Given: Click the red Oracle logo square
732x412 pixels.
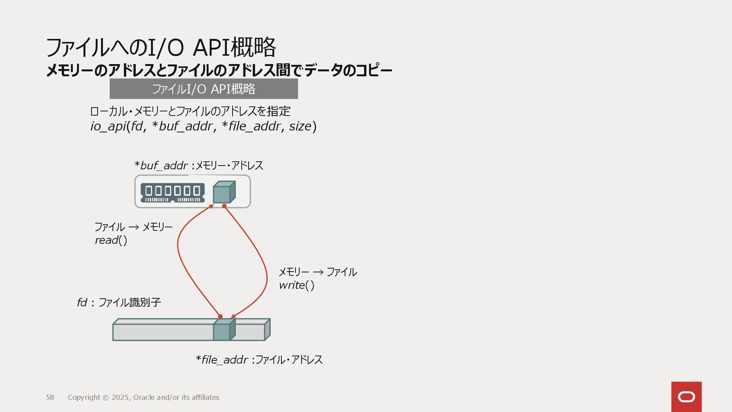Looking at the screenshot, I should click(686, 397).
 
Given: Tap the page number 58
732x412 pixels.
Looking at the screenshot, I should click(50, 398).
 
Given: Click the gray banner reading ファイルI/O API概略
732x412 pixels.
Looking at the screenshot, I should click(204, 89).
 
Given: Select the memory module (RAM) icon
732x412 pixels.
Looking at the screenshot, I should click(172, 193).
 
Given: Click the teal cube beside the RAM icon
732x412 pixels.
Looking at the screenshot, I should click(224, 192).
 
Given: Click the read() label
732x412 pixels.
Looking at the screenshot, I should click(111, 240).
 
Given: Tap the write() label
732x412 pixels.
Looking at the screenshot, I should click(297, 285).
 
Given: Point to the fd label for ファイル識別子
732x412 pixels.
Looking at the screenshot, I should click(82, 303).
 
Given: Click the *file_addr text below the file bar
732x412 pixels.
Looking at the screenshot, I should click(222, 360).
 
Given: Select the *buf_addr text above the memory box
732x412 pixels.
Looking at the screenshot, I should click(161, 166).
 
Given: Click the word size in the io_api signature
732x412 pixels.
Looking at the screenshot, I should click(300, 126).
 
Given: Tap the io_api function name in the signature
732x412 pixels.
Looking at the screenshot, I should click(108, 126).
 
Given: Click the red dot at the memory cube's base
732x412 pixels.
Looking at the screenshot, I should click(224, 206).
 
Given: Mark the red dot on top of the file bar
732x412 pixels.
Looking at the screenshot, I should click(220, 316).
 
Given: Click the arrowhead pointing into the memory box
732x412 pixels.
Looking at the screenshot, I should click(211, 206).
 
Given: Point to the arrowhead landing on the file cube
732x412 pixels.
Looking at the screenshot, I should click(233, 316).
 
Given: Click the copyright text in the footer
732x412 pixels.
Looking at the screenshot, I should click(143, 398).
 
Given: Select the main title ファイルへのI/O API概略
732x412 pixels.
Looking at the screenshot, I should click(161, 47).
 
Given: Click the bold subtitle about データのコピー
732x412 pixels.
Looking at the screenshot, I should click(219, 71).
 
